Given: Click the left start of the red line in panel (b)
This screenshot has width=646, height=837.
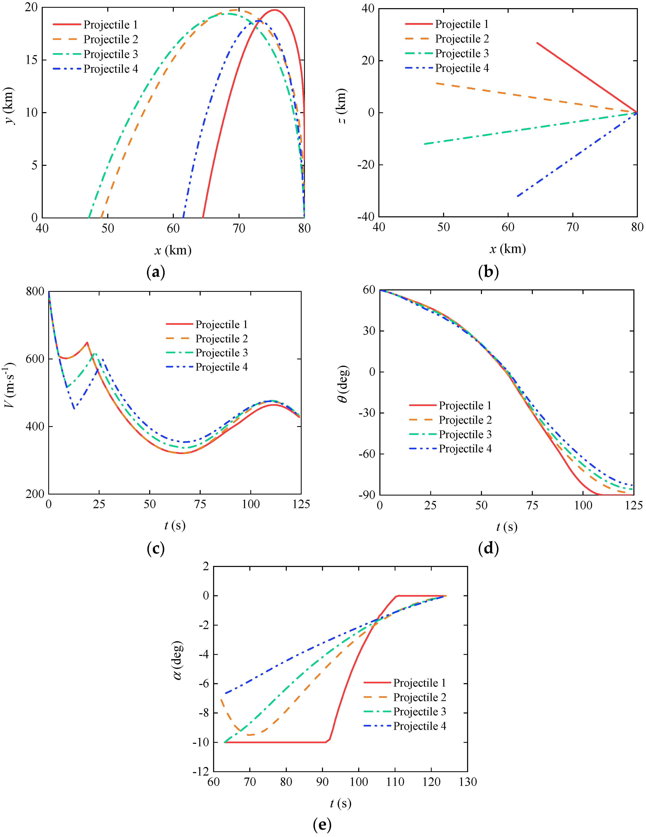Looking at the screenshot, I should [537, 43].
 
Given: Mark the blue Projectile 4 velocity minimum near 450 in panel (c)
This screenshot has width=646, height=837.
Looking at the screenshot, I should [74, 409].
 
